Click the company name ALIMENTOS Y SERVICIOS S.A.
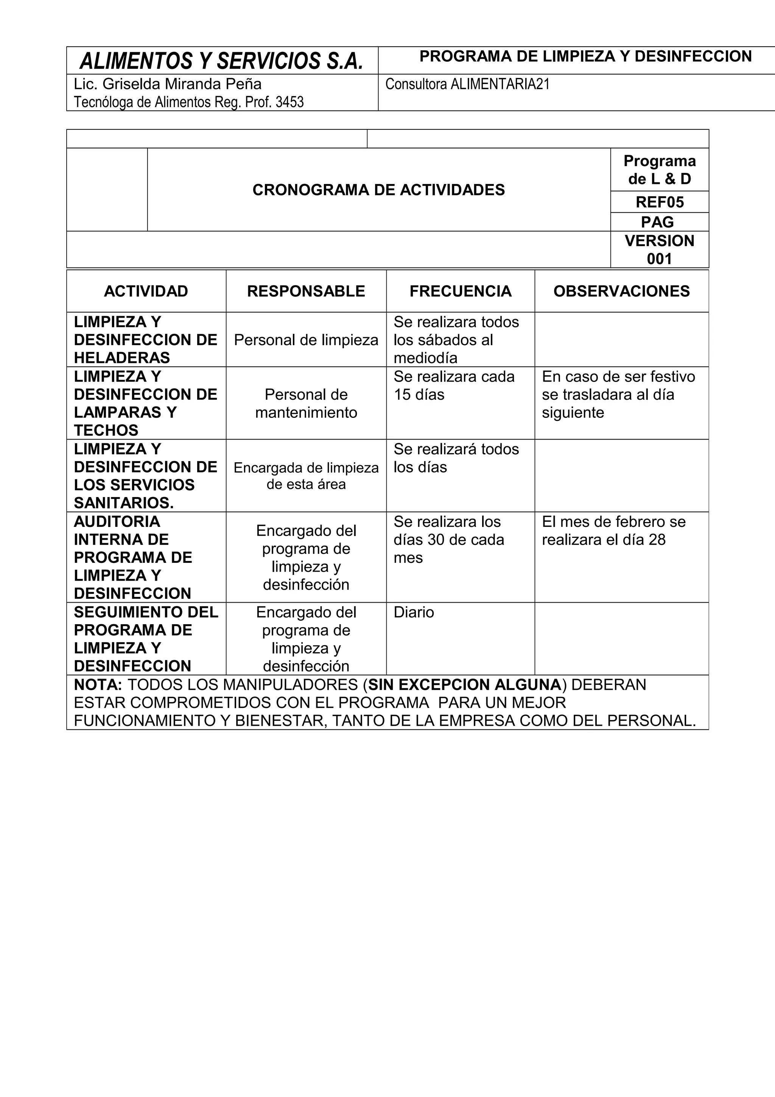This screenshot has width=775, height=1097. click(x=222, y=61)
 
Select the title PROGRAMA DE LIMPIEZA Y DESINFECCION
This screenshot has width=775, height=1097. click(x=585, y=56)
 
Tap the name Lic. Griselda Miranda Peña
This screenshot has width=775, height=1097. click(x=168, y=84)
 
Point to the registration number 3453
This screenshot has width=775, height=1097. click(x=289, y=102)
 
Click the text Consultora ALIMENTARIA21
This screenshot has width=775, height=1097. click(x=467, y=84)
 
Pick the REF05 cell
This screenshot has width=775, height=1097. click(x=660, y=202)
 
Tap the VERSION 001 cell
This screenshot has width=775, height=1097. click(x=660, y=249)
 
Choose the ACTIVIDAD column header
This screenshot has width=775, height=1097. click(x=146, y=291)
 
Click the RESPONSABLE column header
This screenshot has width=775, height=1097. click(x=306, y=291)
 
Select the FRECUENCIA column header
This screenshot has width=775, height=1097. click(x=460, y=291)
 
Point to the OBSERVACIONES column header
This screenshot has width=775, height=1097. click(x=621, y=291)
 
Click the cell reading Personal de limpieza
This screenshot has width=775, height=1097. click(x=306, y=340)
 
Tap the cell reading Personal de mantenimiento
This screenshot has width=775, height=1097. click(x=306, y=403)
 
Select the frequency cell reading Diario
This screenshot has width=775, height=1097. click(x=414, y=612)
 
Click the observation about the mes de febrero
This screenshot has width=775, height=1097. click(x=613, y=530)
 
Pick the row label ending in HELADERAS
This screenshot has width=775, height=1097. click(x=145, y=340)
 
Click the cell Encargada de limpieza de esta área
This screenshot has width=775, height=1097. click(x=306, y=476)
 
